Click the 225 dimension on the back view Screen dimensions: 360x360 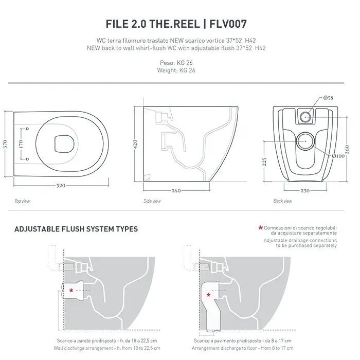(x=265, y=163)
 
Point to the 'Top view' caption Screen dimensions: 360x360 (x=22, y=201)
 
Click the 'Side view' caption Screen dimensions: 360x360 (x=152, y=201)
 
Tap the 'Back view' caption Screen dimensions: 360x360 (x=283, y=201)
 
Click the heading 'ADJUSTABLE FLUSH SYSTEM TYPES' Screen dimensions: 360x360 (x=76, y=229)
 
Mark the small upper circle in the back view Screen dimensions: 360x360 (x=305, y=116)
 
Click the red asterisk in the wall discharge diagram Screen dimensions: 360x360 (x=71, y=291)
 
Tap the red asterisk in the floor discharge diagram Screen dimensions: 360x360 (x=208, y=295)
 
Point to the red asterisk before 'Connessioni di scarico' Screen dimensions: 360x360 (x=261, y=227)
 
